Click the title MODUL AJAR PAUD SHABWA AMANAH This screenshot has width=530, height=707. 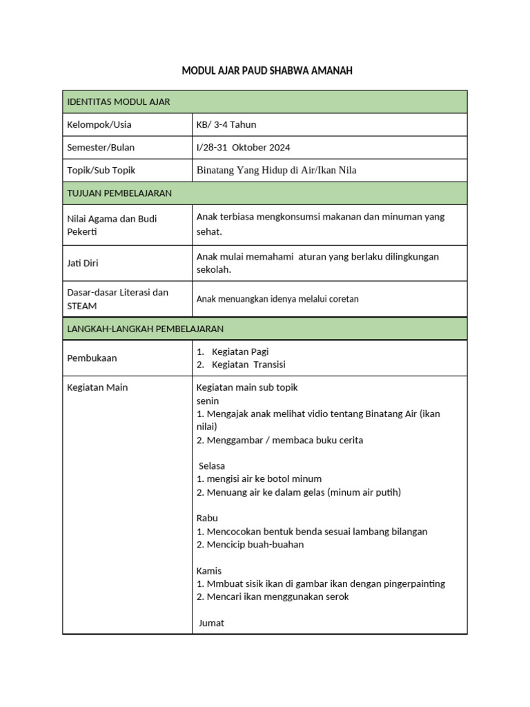pyautogui.click(x=266, y=71)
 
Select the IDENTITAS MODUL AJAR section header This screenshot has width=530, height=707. pyautogui.click(x=118, y=102)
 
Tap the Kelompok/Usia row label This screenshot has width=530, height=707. pyautogui.click(x=99, y=125)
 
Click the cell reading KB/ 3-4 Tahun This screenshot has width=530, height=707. pyautogui.click(x=226, y=125)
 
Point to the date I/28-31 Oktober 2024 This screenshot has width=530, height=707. pyautogui.click(x=243, y=148)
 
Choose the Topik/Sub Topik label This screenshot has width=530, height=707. pyautogui.click(x=101, y=171)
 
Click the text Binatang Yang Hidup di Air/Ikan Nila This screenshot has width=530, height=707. pyautogui.click(x=276, y=171)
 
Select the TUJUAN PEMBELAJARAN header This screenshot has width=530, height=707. pyautogui.click(x=119, y=193)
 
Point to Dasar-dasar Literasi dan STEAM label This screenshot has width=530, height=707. pyautogui.click(x=117, y=299)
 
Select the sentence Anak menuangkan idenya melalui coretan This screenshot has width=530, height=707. pyautogui.click(x=277, y=299)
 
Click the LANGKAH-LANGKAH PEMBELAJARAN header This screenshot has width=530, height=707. pyautogui.click(x=145, y=329)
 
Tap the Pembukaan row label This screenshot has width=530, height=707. pyautogui.click(x=92, y=358)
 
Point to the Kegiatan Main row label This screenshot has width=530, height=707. pyautogui.click(x=97, y=387)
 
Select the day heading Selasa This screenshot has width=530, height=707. pyautogui.click(x=212, y=466)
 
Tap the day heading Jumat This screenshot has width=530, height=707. pyautogui.click(x=211, y=623)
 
